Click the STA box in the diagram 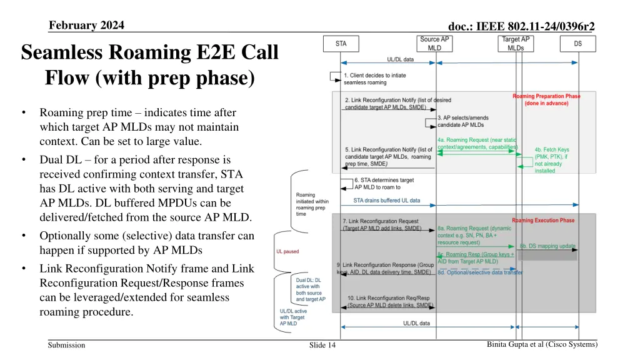click(x=341, y=44)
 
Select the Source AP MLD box click(x=435, y=44)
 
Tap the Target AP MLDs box click(x=516, y=44)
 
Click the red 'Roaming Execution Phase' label click(x=543, y=221)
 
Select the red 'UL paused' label click(x=287, y=252)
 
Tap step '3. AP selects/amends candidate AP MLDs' click(x=463, y=121)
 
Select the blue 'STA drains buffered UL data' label click(x=387, y=201)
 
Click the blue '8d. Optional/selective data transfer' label click(x=480, y=272)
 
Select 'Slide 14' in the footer click(x=322, y=346)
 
